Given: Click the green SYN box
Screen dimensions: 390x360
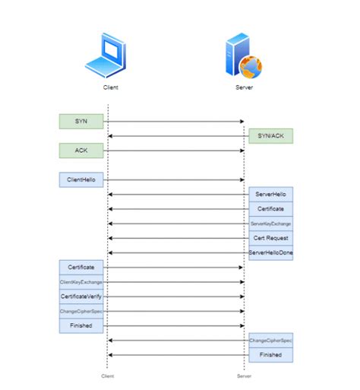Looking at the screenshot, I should point(81,122).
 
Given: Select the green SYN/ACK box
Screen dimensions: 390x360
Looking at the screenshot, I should point(270,136).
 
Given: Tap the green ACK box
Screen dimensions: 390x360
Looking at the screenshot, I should point(81,151).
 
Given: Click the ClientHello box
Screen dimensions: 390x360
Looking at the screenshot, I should point(81,180).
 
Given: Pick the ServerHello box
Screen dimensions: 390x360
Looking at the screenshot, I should point(270,195).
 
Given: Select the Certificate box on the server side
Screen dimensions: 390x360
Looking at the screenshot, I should point(270,209).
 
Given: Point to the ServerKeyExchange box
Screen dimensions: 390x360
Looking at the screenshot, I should point(270,224).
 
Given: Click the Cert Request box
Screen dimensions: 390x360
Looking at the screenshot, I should point(270,238).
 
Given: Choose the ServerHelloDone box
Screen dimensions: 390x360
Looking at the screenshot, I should point(270,252).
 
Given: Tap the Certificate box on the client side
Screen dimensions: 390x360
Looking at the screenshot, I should point(81,268).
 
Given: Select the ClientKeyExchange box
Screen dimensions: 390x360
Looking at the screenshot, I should point(81,282).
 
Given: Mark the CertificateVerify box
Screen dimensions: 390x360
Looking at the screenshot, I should point(81,296).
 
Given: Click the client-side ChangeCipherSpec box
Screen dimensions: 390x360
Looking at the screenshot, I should point(81,311).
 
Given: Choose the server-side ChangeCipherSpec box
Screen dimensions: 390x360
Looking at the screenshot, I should point(270,340).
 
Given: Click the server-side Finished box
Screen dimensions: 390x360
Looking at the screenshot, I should point(270,354).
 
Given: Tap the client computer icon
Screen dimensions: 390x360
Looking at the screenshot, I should point(105,55).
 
